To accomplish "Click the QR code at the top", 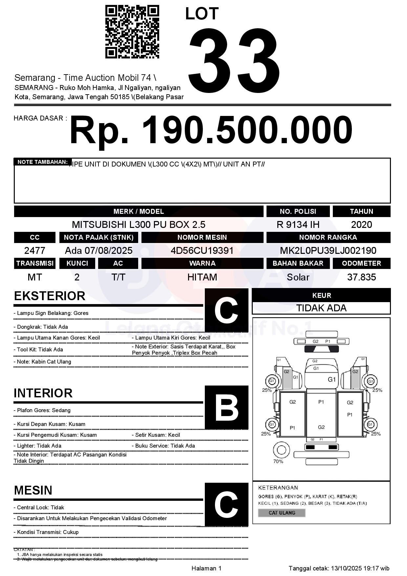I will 132,32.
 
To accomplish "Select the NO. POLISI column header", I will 298,211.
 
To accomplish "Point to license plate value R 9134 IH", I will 298,225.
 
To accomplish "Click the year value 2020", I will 361,225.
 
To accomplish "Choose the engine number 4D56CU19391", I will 202,251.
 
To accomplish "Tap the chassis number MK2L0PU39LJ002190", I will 328,251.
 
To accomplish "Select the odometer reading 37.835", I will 361,277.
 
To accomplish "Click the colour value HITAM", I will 202,277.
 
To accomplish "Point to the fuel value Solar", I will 298,277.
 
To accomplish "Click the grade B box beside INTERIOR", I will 226,408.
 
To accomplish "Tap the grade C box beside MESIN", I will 226,504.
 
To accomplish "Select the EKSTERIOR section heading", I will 50,296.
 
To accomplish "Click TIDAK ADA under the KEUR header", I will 321,308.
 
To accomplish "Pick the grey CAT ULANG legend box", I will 282,513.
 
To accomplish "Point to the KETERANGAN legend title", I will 278,488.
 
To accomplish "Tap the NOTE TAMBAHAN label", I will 42,162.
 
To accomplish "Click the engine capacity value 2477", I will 35,251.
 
